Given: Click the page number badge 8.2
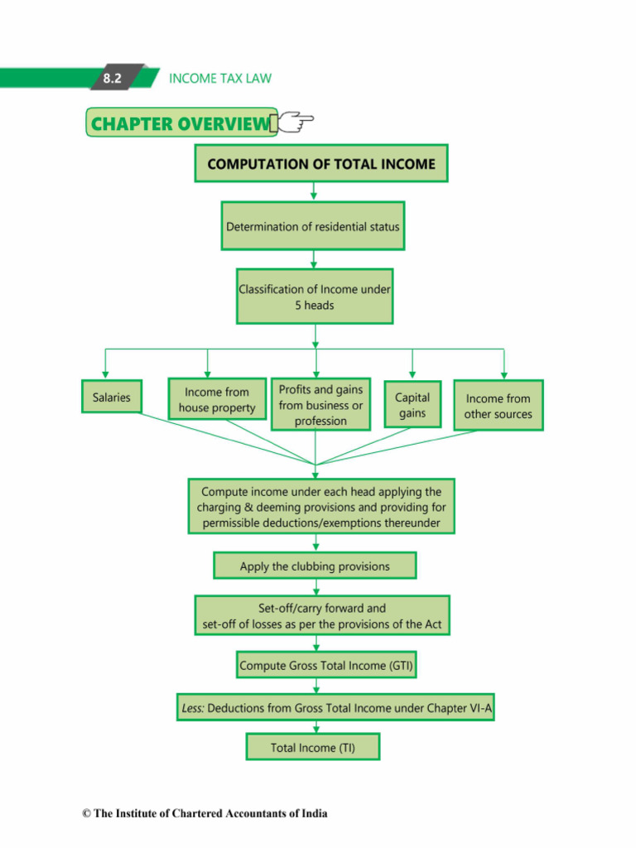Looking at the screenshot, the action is coord(112,78).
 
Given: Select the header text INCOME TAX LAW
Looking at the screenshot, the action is coord(220,79).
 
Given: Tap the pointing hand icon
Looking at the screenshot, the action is coord(296,121).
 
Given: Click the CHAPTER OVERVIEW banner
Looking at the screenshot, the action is coord(181,123).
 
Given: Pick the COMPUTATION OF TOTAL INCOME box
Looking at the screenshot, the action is coord(321,163).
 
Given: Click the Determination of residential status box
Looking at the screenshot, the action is coord(312,226).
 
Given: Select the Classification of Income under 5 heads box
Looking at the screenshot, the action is coord(315,296).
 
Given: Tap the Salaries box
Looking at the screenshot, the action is coord(112,397).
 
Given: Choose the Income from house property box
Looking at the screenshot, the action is coord(217,399).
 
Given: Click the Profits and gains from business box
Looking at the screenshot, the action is coord(320,404).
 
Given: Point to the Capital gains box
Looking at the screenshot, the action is coord(412,404).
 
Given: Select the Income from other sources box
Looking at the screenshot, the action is coord(498,406).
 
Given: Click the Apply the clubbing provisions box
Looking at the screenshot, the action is coord(315,566).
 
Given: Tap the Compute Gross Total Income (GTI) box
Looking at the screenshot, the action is coord(326,665).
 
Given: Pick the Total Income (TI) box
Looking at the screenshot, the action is coord(312,747).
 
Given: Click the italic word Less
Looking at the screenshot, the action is coord(192,708).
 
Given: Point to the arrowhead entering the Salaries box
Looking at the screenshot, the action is coord(105,375).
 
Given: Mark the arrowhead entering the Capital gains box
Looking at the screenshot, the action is coord(412,375).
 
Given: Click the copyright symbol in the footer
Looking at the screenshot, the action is coord(86,813).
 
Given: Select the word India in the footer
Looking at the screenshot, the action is coord(314,813).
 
